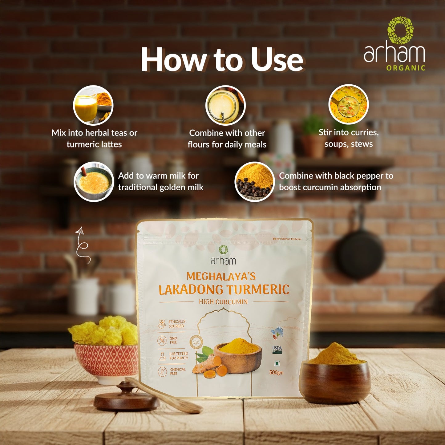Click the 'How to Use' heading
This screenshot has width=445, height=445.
(x=222, y=60)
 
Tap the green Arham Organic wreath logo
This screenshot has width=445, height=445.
(x=400, y=30)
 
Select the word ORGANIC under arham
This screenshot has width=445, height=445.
(x=406, y=68)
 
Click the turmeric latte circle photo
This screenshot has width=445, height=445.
(x=93, y=105)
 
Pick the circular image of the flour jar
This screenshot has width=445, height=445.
(x=225, y=105)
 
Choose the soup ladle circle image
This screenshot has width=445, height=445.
(x=348, y=104)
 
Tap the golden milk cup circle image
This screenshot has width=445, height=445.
(x=94, y=182)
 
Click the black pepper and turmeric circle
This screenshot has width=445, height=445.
(x=254, y=182)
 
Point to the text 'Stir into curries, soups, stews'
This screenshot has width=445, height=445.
(x=349, y=138)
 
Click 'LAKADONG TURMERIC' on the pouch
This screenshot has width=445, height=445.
(x=224, y=289)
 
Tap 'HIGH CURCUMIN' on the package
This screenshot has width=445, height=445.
(x=223, y=302)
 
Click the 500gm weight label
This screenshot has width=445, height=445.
(x=276, y=372)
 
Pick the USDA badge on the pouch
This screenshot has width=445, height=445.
(x=277, y=349)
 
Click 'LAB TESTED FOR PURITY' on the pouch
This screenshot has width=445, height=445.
(x=178, y=356)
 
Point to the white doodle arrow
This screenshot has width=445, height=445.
(x=82, y=245)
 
